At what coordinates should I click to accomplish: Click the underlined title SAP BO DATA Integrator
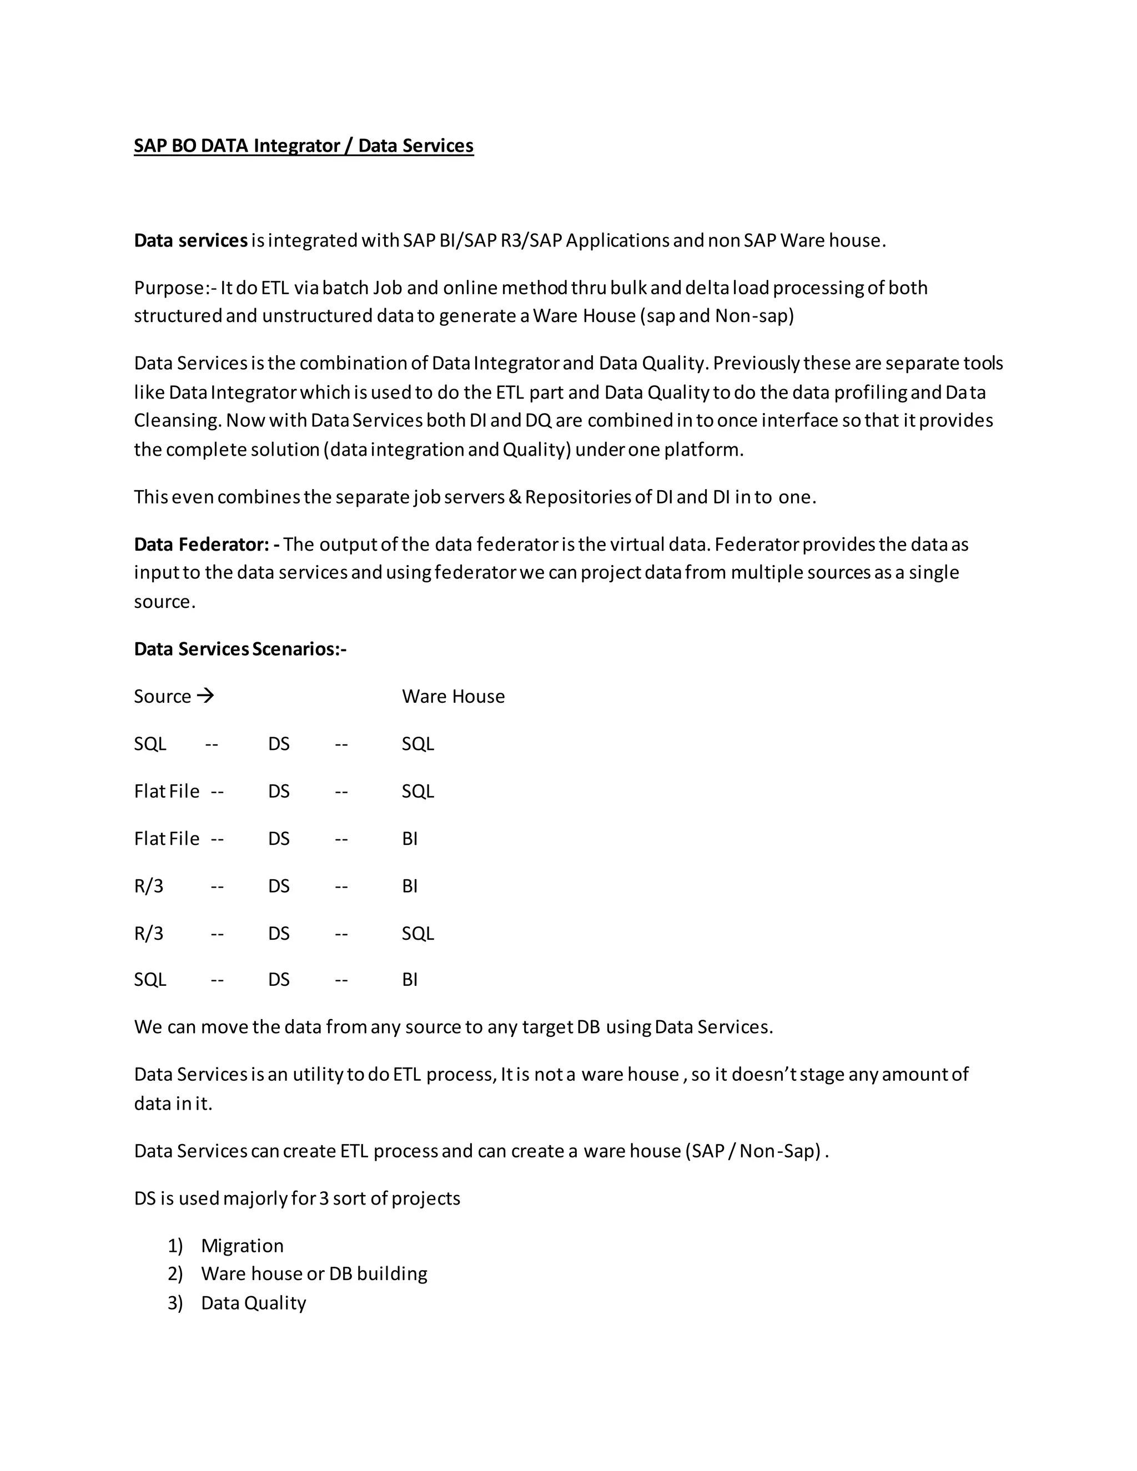pyautogui.click(x=303, y=146)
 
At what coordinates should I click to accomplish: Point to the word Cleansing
pyautogui.click(x=177, y=421)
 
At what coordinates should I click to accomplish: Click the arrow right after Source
pyautogui.click(x=205, y=696)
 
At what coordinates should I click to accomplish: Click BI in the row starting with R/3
pyautogui.click(x=410, y=886)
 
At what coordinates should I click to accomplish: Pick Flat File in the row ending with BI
pyautogui.click(x=167, y=839)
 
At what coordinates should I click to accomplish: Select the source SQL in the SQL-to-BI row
pyautogui.click(x=149, y=980)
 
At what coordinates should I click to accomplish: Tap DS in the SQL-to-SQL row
pyautogui.click(x=279, y=744)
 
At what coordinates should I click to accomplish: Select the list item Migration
pyautogui.click(x=242, y=1246)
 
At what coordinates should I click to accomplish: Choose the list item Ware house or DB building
pyautogui.click(x=314, y=1274)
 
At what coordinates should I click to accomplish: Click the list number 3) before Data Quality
pyautogui.click(x=175, y=1303)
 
